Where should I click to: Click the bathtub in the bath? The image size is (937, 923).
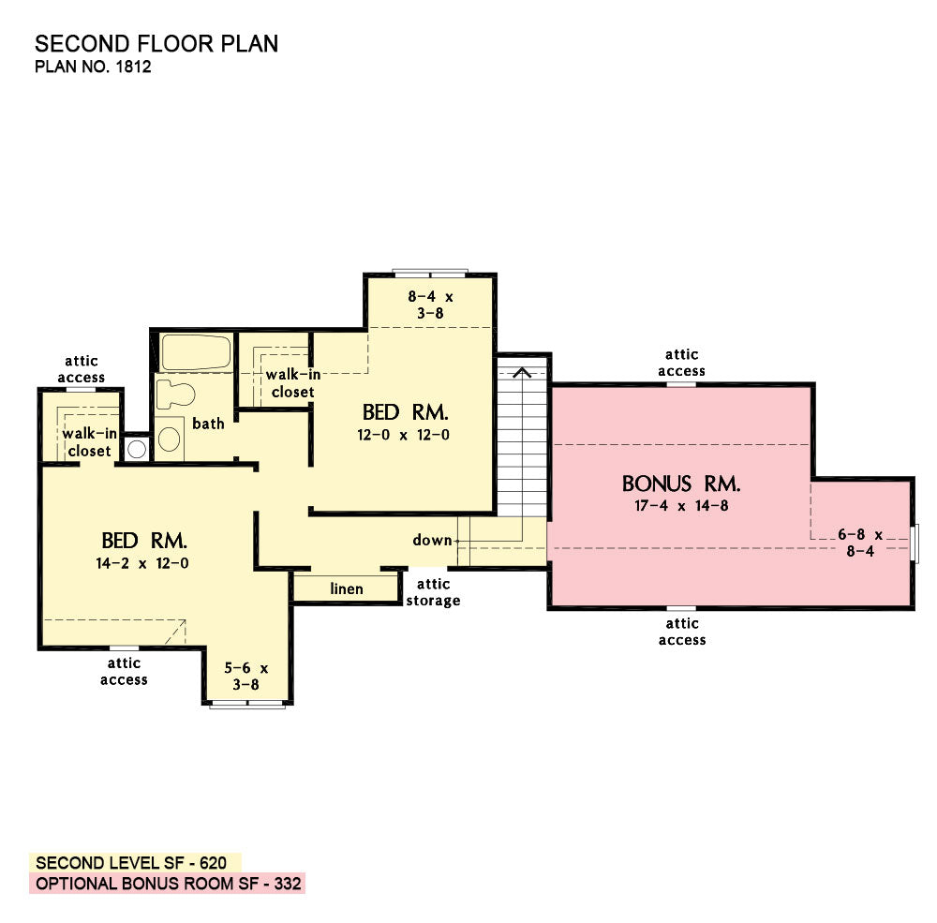click(x=196, y=352)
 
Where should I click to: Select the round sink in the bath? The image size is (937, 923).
click(x=170, y=439)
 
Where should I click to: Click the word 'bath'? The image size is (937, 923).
click(x=208, y=424)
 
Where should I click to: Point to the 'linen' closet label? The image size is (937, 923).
click(x=347, y=588)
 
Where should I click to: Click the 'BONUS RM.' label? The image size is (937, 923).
click(x=681, y=484)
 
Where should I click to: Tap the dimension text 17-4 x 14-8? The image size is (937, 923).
click(x=681, y=506)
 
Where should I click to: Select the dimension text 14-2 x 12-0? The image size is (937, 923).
click(x=142, y=563)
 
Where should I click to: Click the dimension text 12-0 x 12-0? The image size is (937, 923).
click(x=403, y=435)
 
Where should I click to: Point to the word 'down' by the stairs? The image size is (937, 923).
click(x=432, y=541)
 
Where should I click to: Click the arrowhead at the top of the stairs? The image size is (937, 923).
click(x=522, y=372)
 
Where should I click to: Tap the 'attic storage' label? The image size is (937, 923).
click(x=433, y=592)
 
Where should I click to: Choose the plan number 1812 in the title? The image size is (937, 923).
click(x=133, y=67)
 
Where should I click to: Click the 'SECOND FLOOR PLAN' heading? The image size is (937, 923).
click(x=156, y=44)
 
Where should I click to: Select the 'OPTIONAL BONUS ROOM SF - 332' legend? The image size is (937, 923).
click(x=168, y=884)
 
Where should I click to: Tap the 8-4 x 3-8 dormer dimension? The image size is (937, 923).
click(x=430, y=305)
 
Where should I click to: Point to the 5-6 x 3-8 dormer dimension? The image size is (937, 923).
click(x=246, y=677)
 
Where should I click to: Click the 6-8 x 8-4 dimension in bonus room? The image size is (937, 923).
click(x=860, y=543)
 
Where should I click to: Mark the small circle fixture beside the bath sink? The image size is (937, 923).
click(x=137, y=448)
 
